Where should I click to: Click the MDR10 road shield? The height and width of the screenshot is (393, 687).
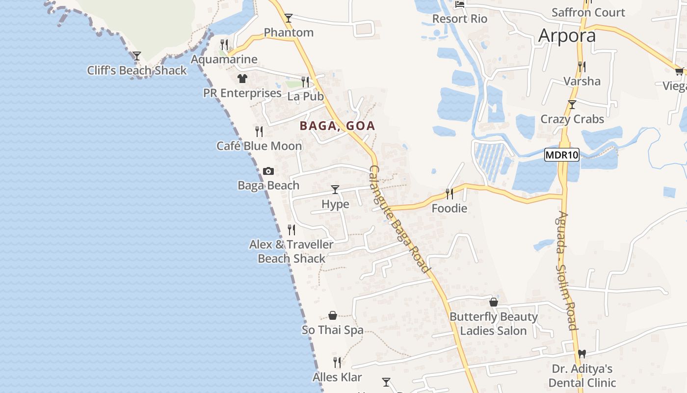562,155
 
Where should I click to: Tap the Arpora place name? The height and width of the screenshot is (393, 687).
567,35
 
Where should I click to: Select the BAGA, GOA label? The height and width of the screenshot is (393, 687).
337,126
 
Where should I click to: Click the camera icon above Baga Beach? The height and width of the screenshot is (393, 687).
268,171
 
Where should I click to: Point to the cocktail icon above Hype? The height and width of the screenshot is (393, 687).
335,189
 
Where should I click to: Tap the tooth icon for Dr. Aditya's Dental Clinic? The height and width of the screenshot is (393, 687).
582,354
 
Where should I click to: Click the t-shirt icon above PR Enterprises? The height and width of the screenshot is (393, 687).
242,78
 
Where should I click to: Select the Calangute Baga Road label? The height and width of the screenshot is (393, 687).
398,219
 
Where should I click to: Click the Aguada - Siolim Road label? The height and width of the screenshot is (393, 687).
566,271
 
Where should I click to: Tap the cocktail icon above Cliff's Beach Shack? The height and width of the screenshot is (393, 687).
137,56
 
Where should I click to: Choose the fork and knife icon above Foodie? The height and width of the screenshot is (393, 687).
449,194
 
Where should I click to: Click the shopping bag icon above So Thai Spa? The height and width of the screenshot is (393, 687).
333,315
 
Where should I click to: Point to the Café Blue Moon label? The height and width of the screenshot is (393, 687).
259,146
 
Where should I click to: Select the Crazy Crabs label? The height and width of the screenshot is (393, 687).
572,119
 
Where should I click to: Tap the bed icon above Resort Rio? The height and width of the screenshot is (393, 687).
460,4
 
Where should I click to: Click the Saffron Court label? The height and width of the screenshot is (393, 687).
588,12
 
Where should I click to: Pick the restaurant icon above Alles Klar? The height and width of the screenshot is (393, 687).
337,363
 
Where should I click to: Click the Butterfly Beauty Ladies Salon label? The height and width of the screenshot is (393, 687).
493,324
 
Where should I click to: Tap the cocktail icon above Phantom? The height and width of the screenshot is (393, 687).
289,18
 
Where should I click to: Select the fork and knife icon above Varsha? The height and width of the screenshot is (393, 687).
581,66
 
